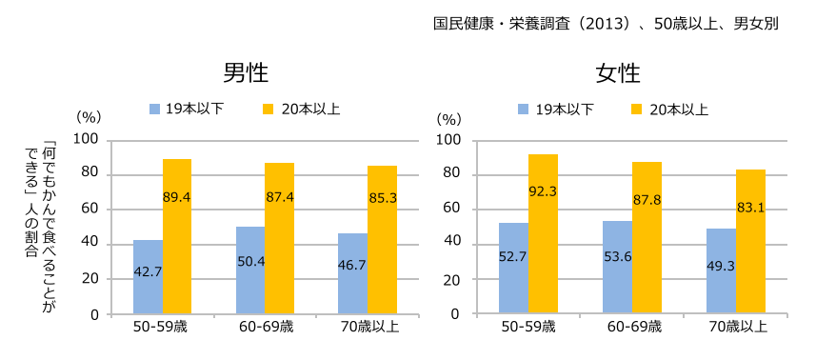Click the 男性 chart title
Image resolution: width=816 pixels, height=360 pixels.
pos(244,73)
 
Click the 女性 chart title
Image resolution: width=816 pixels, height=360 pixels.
pos(618,73)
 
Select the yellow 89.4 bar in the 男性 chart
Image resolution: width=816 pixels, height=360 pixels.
pos(177,236)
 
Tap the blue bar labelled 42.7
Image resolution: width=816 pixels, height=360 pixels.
pos(148,276)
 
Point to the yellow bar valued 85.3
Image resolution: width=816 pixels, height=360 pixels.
pos(382,240)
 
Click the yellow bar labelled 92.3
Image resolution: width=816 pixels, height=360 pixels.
pos(544,233)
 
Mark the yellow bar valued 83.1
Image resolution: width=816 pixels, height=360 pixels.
pos(750,241)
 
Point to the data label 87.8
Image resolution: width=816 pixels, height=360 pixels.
pos(647,198)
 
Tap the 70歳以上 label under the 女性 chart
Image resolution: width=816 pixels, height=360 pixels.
pos(736,329)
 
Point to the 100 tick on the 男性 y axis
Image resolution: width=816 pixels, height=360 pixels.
pos(88,140)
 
